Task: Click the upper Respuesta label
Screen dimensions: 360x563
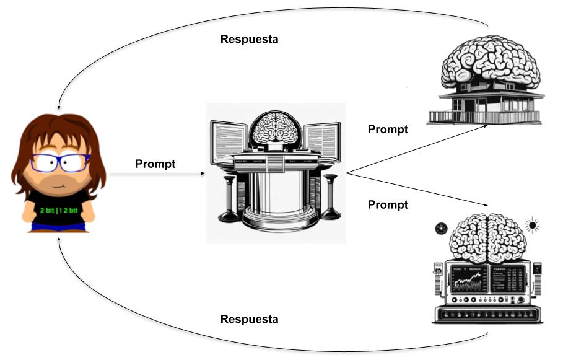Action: point(249,39)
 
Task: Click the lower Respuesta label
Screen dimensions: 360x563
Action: point(249,320)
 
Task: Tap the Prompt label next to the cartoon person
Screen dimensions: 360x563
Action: point(155,164)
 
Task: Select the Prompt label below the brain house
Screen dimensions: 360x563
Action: point(388,130)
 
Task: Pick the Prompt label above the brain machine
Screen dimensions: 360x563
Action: point(388,204)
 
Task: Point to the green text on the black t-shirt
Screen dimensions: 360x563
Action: point(58,211)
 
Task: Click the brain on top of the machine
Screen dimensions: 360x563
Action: point(486,237)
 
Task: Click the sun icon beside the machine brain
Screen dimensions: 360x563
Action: point(531,224)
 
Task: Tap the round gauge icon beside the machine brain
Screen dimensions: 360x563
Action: point(442,228)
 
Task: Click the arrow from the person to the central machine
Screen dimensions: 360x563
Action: point(158,174)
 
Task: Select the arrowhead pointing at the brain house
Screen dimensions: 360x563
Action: point(484,125)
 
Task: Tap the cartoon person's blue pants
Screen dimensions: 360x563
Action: point(58,228)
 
